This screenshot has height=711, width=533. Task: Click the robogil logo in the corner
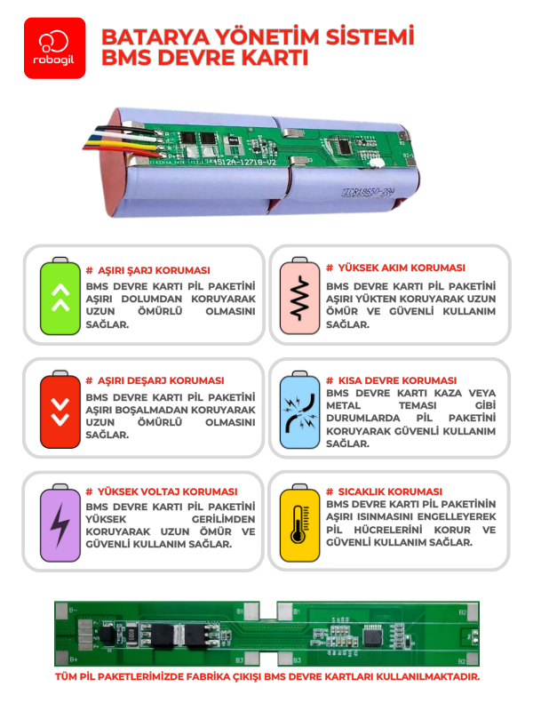click(x=55, y=48)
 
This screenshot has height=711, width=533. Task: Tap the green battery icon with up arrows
click(x=60, y=297)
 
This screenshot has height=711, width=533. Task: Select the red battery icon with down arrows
click(x=60, y=410)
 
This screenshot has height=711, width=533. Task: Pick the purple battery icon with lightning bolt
click(x=60, y=522)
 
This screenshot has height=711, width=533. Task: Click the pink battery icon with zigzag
click(x=298, y=297)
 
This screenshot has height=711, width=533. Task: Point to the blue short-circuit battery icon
click(x=298, y=410)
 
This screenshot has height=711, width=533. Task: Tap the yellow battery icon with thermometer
click(x=298, y=522)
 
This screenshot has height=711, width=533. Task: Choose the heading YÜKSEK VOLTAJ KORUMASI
click(x=166, y=491)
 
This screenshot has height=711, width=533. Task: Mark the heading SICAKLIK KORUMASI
click(x=384, y=491)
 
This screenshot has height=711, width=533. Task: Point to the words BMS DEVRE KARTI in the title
click(x=205, y=60)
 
